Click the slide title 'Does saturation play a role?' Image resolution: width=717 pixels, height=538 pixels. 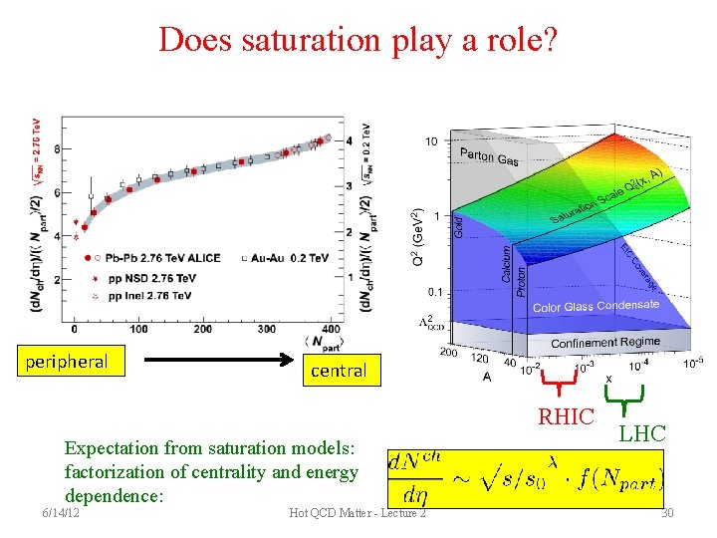click(x=358, y=40)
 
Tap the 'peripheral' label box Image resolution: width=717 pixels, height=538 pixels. click(x=67, y=361)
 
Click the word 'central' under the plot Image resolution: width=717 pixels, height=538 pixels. click(x=339, y=371)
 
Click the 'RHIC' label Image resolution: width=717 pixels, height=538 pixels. click(x=566, y=416)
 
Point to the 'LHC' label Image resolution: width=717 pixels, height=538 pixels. click(x=642, y=431)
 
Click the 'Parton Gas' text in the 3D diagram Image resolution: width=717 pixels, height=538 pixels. click(x=488, y=156)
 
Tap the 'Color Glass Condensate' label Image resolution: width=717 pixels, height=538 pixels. click(x=596, y=306)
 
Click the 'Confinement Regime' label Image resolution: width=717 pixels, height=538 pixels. click(x=604, y=342)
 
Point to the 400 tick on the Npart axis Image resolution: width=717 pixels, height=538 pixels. click(x=331, y=329)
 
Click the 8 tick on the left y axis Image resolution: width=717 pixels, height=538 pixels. click(x=57, y=149)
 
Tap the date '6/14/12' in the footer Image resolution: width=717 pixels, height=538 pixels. click(x=62, y=512)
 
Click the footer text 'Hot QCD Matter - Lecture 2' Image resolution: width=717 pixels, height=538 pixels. click(x=357, y=512)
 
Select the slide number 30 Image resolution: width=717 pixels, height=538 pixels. click(x=667, y=512)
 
